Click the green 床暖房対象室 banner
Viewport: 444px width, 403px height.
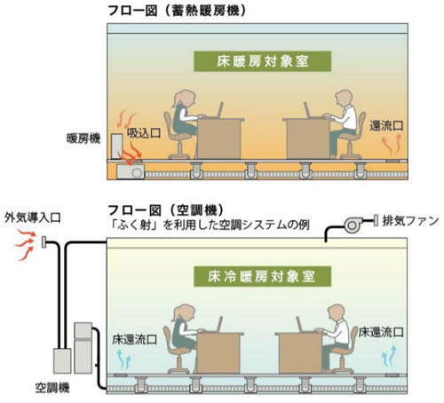tap(262, 61)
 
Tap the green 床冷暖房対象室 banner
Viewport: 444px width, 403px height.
tap(262, 276)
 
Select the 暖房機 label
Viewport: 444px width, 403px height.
tap(83, 138)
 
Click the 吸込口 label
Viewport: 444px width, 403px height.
tap(144, 133)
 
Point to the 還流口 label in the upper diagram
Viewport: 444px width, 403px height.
tap(386, 126)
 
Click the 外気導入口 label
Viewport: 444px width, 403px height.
tap(33, 217)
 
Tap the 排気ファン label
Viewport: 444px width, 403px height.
tap(410, 221)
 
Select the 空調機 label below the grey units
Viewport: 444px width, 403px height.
tap(52, 387)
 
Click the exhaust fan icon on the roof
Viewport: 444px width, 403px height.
tap(353, 225)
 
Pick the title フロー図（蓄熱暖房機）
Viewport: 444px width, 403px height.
tap(177, 12)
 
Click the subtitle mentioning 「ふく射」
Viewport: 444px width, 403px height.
tap(210, 225)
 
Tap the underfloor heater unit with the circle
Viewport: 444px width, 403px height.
tap(131, 171)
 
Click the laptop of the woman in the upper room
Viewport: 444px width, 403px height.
tap(219, 110)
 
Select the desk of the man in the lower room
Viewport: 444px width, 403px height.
tap(300, 352)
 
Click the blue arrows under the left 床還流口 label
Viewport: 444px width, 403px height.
tap(124, 360)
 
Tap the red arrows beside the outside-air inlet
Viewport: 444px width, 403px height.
tap(26, 244)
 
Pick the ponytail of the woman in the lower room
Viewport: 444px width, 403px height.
tap(177, 315)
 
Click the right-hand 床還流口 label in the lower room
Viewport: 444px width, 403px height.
tap(381, 333)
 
